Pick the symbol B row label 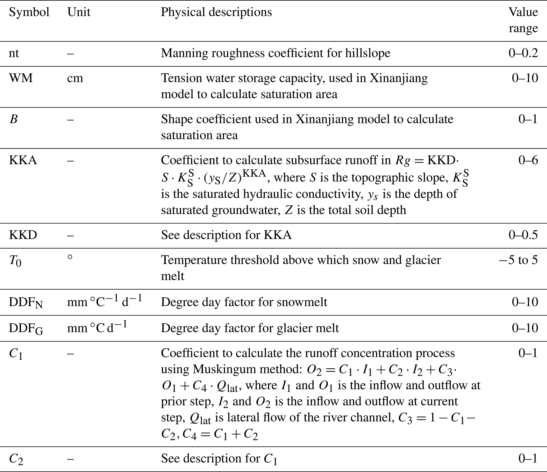pyautogui.click(x=13, y=120)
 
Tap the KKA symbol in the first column pyautogui.click(x=23, y=161)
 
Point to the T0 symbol pyautogui.click(x=15, y=261)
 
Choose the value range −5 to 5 pyautogui.click(x=518, y=260)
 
